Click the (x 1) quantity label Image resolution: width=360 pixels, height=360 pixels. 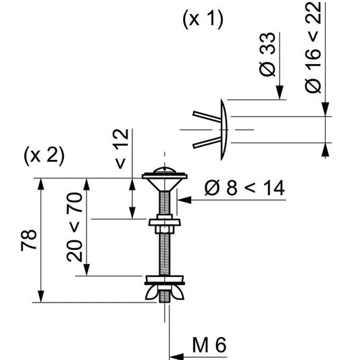coord(203,20)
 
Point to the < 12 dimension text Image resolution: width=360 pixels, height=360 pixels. coord(120,151)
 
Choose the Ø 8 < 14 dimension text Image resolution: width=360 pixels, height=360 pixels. coord(244,188)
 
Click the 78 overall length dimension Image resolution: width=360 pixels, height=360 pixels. coord(29,240)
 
